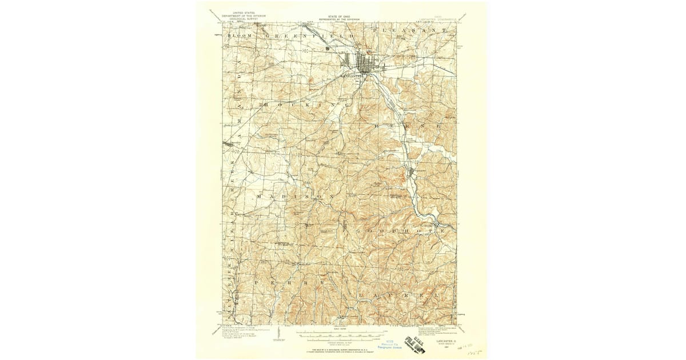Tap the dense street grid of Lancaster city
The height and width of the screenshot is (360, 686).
pyautogui.click(x=364, y=61)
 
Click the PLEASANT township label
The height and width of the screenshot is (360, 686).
pyautogui.click(x=408, y=29)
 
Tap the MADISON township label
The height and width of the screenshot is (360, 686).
pyautogui.click(x=294, y=196)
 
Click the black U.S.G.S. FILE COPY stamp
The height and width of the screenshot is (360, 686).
pyautogui.click(x=414, y=343)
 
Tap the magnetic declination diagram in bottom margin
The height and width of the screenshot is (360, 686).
pyautogui.click(x=278, y=333)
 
